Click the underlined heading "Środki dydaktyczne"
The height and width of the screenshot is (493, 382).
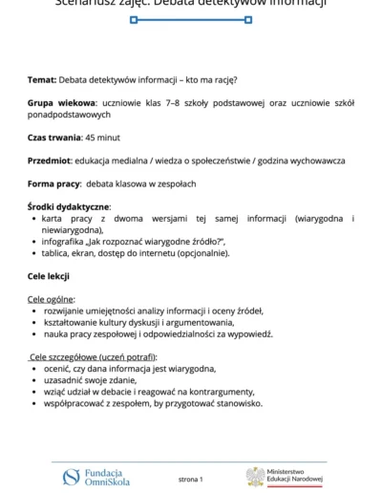tap(69, 206)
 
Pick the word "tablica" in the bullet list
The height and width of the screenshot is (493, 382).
tap(56, 253)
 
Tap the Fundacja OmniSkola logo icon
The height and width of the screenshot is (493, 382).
tap(71, 477)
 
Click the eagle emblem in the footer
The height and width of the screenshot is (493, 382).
tap(255, 477)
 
